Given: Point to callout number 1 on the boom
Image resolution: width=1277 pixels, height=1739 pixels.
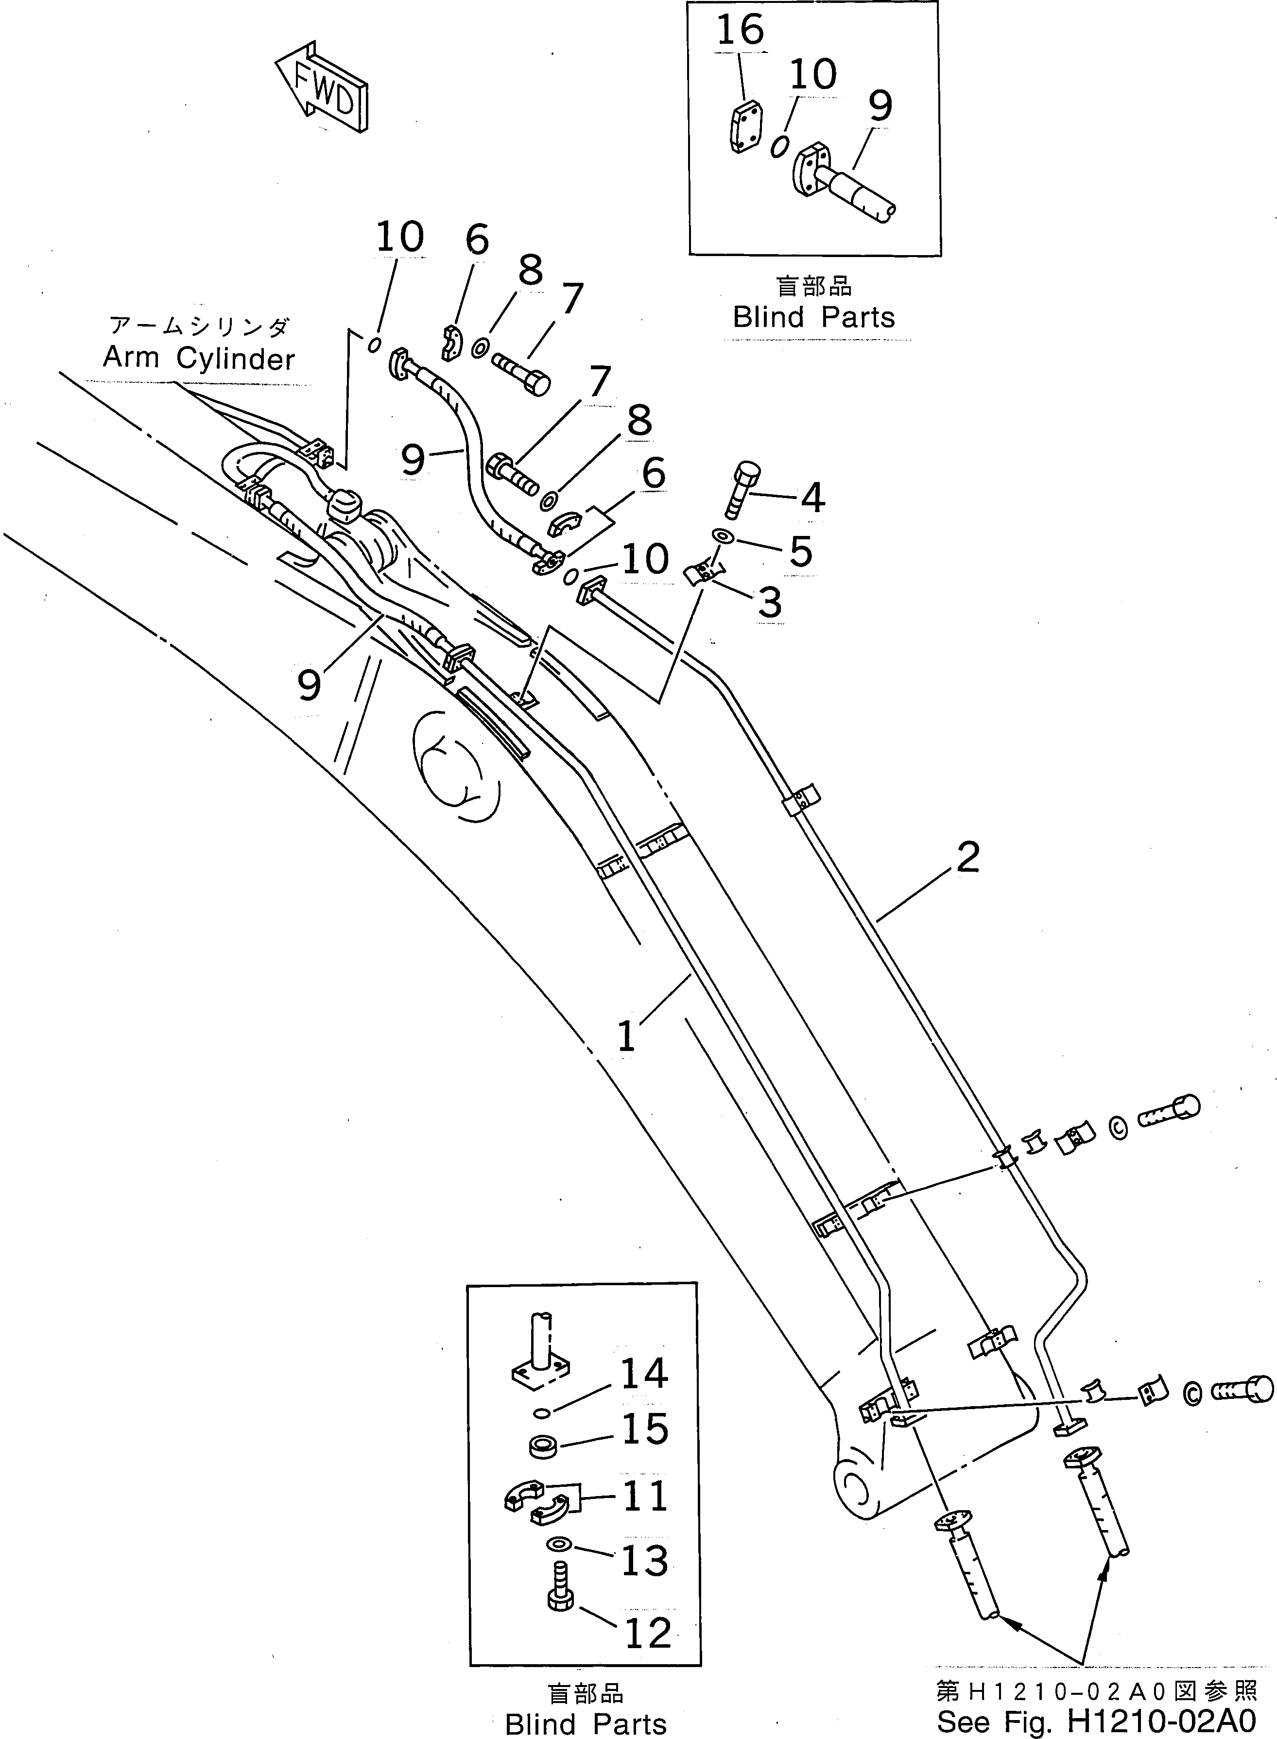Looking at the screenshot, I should [626, 1036].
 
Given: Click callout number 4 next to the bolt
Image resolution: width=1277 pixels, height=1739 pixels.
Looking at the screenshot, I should [811, 498].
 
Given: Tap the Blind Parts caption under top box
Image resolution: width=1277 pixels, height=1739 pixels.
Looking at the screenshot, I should [813, 317].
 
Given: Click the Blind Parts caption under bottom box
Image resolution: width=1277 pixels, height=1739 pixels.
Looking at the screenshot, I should [585, 1723].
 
